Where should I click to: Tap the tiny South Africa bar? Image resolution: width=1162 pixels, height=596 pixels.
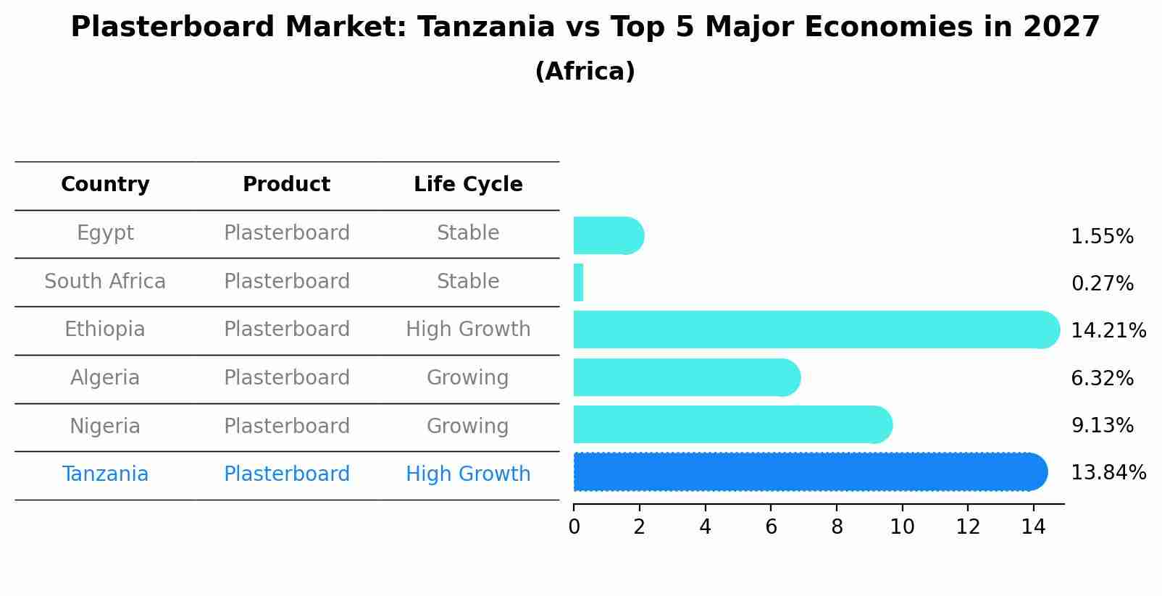point(578,282)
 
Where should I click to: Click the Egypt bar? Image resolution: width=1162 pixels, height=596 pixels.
point(607,235)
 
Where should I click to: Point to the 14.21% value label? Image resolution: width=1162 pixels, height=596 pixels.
point(1108,331)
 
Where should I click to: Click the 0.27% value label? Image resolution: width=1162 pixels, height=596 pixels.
point(1102,284)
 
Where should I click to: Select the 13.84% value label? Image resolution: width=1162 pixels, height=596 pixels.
point(1108,473)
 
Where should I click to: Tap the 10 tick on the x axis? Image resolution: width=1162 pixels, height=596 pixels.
point(902,527)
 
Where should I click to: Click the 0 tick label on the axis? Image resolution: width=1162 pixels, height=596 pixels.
point(574,527)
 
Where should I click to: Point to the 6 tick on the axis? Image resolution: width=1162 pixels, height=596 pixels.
point(771,527)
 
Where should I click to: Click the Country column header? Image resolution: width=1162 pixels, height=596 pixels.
point(105,185)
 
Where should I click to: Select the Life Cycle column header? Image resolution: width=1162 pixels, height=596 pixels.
point(468,185)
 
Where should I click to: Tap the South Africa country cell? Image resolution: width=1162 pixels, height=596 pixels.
point(105,282)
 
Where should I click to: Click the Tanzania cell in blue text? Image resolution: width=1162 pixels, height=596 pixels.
point(105,474)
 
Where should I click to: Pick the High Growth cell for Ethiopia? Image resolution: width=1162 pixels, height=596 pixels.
point(468,330)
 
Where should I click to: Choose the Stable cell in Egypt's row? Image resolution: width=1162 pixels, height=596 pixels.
point(468,233)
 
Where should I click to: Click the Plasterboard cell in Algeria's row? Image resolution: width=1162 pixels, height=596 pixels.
point(287,378)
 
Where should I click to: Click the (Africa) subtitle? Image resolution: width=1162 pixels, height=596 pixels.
point(585,72)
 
